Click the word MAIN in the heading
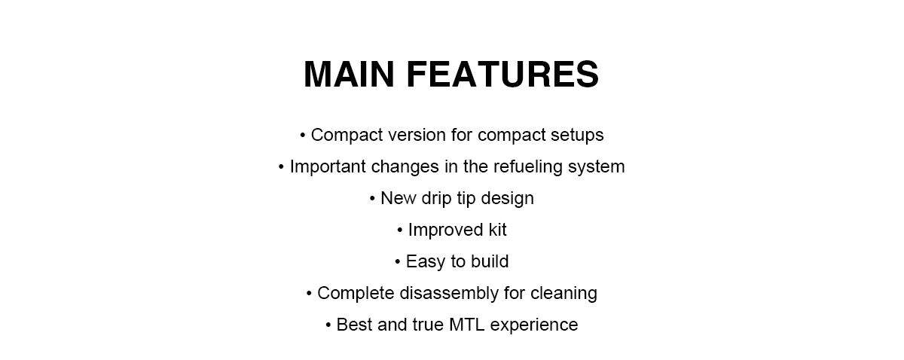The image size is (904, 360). coord(349,75)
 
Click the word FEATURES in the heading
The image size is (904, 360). coord(503,75)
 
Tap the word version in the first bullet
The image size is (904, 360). coord(417,136)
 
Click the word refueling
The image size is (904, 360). coord(528,166)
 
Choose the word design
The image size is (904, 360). coord(507,199)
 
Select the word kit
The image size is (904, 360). coord(497,230)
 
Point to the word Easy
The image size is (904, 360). coord(426,262)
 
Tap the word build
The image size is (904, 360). coord(490,261)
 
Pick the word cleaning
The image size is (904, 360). coord(563,294)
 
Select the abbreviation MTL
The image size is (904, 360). coord(466,325)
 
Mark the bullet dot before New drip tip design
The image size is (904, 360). coord(372,199)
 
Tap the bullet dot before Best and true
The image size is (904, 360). coord(328,325)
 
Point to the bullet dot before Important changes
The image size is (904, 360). coord(281,166)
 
